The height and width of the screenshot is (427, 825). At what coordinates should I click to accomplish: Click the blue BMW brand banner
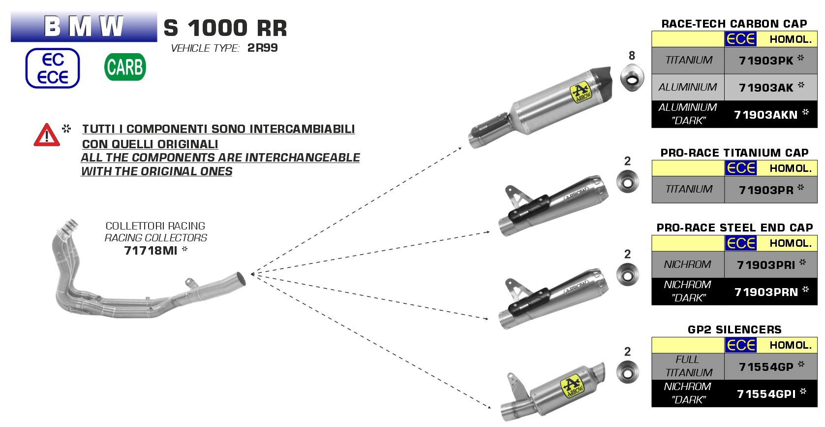click(84, 27)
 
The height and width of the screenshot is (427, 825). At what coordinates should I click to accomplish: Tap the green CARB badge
click(125, 67)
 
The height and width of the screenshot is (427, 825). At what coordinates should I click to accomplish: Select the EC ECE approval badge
click(53, 68)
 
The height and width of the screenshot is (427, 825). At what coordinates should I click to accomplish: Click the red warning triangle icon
click(46, 135)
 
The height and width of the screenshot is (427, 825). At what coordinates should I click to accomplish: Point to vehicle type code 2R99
click(262, 48)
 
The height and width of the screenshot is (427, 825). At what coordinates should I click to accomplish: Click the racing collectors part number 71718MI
click(151, 251)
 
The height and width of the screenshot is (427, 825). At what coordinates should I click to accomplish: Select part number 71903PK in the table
click(766, 61)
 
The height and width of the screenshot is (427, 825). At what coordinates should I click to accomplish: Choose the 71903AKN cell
click(765, 115)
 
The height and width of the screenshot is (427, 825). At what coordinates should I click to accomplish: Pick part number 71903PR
click(766, 190)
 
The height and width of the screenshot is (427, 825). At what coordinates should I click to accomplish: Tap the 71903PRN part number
click(766, 292)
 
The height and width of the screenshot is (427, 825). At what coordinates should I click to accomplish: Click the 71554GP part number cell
click(766, 367)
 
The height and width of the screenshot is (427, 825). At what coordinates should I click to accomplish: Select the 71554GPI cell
click(766, 394)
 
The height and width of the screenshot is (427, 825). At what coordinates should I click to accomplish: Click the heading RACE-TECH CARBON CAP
click(734, 24)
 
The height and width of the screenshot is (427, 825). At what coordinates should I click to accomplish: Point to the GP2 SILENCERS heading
click(734, 329)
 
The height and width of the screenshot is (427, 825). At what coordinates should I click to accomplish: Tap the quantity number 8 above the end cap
click(632, 56)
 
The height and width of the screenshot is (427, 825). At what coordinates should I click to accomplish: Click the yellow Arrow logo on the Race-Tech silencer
click(581, 93)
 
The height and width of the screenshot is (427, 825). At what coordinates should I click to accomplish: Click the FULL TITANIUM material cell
click(688, 366)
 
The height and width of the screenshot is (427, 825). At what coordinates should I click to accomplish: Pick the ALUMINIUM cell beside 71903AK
click(688, 87)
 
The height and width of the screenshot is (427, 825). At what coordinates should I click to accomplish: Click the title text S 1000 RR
click(225, 28)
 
